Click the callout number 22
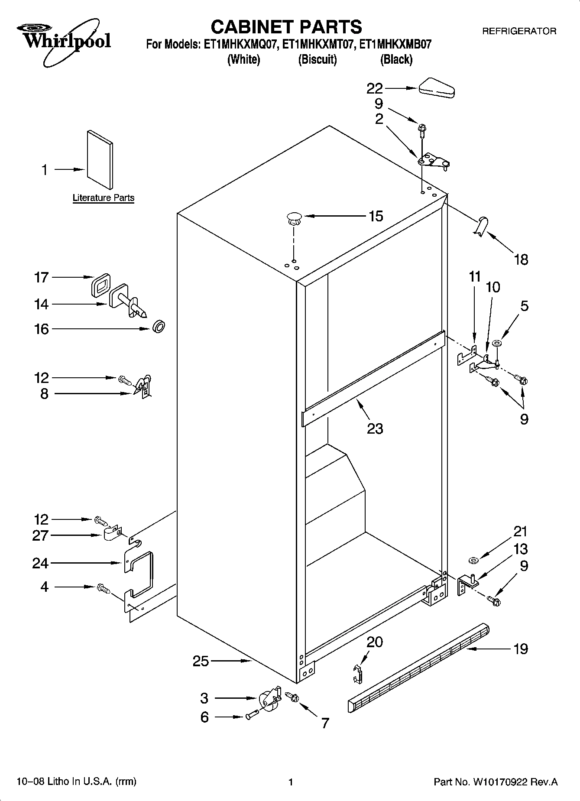pos(375,88)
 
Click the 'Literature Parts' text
pos(103,198)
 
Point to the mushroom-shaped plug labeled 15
pos(294,218)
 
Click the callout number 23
pos(375,428)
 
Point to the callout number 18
pos(521,259)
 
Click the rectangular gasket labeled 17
pos(100,285)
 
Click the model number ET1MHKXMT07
pos(317,45)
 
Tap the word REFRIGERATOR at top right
pos(519,31)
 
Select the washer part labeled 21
pos(473,561)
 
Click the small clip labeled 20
pos(357,674)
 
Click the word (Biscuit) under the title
pos(317,59)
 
